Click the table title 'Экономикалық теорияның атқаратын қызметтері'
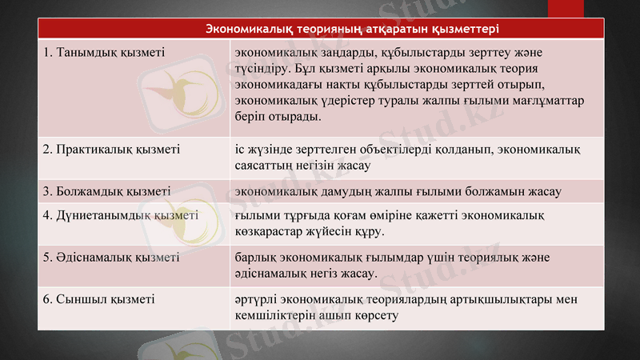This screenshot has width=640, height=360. click(x=353, y=30)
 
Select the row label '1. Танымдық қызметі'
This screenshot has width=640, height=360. click(x=104, y=52)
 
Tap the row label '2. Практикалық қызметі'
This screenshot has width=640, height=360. click(x=111, y=148)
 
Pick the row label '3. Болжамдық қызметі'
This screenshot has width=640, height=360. click(x=107, y=192)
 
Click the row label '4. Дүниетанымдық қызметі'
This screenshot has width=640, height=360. click(x=121, y=215)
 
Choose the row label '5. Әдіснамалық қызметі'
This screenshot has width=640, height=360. click(x=111, y=258)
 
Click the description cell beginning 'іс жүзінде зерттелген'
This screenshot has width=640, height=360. click(x=408, y=157)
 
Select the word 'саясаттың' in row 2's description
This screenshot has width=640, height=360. click(x=263, y=166)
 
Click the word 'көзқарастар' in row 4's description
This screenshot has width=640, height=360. click(x=270, y=232)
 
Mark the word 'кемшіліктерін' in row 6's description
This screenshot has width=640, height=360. click(x=271, y=316)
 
